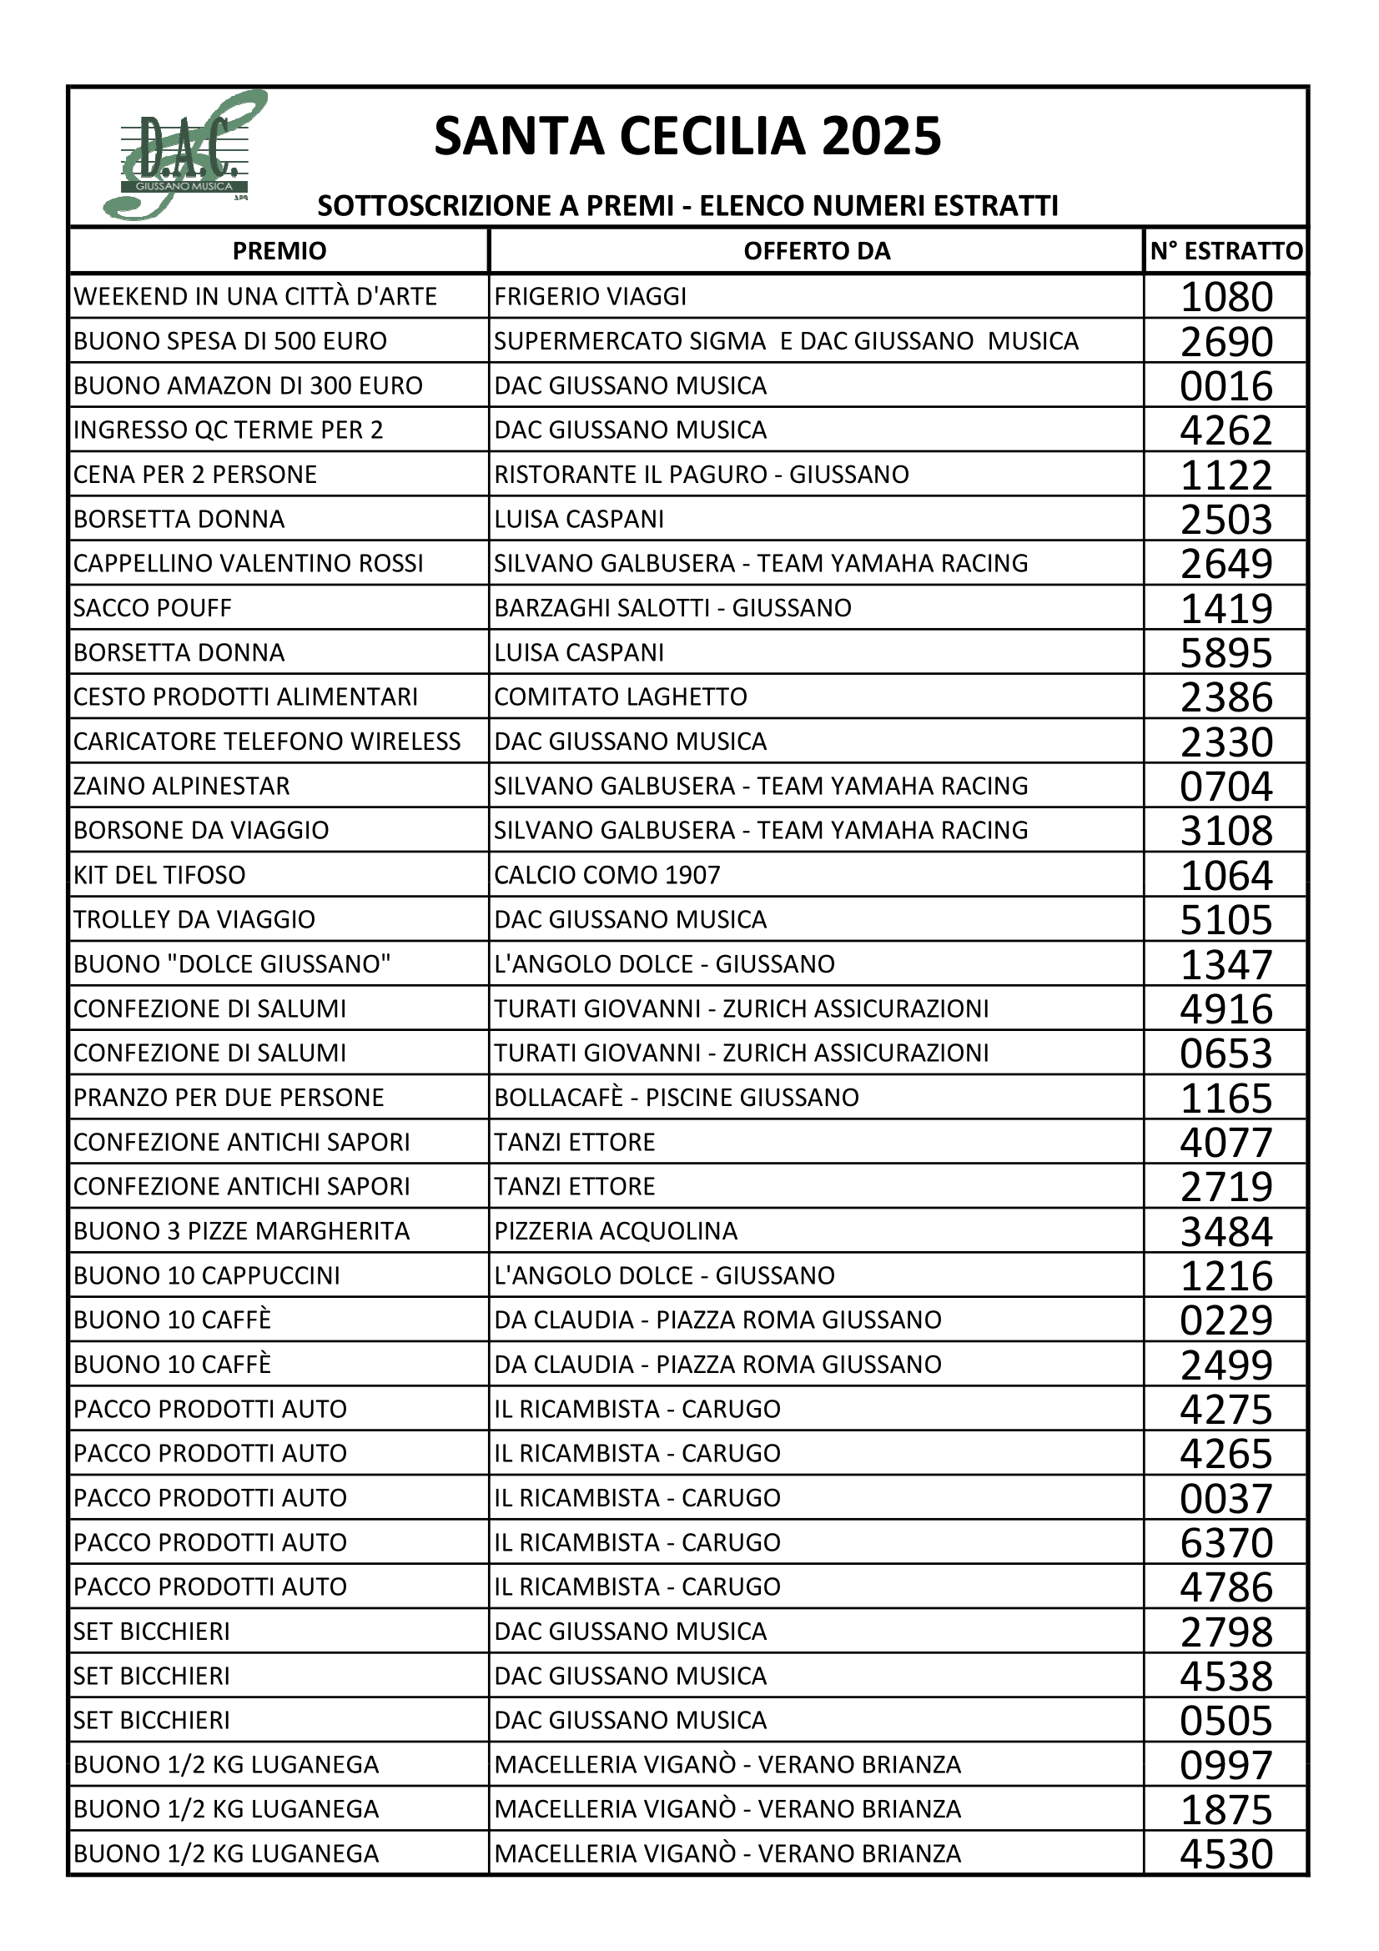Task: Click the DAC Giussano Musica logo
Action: [184, 156]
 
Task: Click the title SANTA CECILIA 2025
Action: [687, 136]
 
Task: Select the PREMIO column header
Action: [279, 251]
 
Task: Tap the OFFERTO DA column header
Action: [816, 251]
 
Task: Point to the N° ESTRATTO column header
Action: [1225, 251]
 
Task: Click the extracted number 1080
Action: [1226, 297]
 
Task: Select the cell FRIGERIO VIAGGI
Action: [591, 297]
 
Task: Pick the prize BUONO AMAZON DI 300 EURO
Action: [248, 386]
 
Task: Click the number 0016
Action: [1226, 386]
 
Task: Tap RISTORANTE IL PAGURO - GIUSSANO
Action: [701, 474]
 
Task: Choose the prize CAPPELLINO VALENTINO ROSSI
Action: [248, 563]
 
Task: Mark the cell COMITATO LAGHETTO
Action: [620, 696]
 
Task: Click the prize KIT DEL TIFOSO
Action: [159, 874]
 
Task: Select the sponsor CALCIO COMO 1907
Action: [606, 874]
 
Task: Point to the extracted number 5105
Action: [1226, 919]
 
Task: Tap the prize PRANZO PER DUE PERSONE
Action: [229, 1097]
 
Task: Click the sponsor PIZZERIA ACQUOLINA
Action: [615, 1230]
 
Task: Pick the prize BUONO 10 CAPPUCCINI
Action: [206, 1275]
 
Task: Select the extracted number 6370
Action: [1226, 1542]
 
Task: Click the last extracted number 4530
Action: [1226, 1853]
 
